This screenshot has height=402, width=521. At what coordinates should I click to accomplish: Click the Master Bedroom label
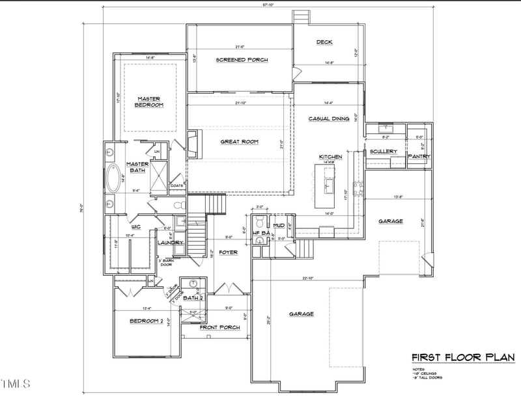(x=148, y=101)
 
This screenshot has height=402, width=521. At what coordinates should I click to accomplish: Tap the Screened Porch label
(x=242, y=60)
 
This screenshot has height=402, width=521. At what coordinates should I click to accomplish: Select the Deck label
(x=324, y=43)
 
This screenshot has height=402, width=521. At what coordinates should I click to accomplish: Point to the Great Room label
(x=239, y=141)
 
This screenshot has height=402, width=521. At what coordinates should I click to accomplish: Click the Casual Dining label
(x=330, y=118)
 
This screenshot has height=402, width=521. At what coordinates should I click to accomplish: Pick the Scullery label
(x=383, y=152)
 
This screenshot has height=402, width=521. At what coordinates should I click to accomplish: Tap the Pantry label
(x=417, y=157)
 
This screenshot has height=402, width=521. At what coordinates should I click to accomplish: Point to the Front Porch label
(x=220, y=327)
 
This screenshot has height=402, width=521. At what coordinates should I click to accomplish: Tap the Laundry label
(x=171, y=243)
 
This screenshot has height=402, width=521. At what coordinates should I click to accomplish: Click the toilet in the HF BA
(x=260, y=240)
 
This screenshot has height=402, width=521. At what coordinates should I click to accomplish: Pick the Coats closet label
(x=176, y=185)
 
